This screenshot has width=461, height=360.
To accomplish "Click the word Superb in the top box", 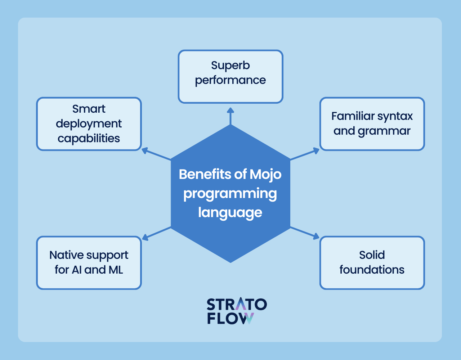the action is coord(230,65).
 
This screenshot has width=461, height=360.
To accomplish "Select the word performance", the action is coord(230,81).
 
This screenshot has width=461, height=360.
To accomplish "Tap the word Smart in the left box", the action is coord(89,109).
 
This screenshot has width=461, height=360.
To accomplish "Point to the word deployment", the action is coord(89,124).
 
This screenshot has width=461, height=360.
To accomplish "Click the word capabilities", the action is coord(89,139).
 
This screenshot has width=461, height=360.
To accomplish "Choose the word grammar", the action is coord(384,131).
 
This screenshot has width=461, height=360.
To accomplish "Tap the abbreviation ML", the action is coord(116,270).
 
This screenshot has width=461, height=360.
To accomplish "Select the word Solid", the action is coord(372,255).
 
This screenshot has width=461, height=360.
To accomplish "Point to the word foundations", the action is coord(372,270).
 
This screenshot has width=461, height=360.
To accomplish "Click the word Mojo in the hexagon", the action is coord(265,175).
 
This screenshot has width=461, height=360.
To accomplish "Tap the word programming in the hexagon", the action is coord(230,194).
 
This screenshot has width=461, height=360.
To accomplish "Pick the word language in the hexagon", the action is coord(230,213).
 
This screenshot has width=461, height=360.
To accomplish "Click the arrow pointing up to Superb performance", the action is coord(230,116).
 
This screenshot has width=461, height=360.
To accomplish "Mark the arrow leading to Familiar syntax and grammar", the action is coord(305,154).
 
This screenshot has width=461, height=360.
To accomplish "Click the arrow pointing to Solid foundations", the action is coord(305,233).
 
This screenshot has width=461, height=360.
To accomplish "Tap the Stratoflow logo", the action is coord(237,311).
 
